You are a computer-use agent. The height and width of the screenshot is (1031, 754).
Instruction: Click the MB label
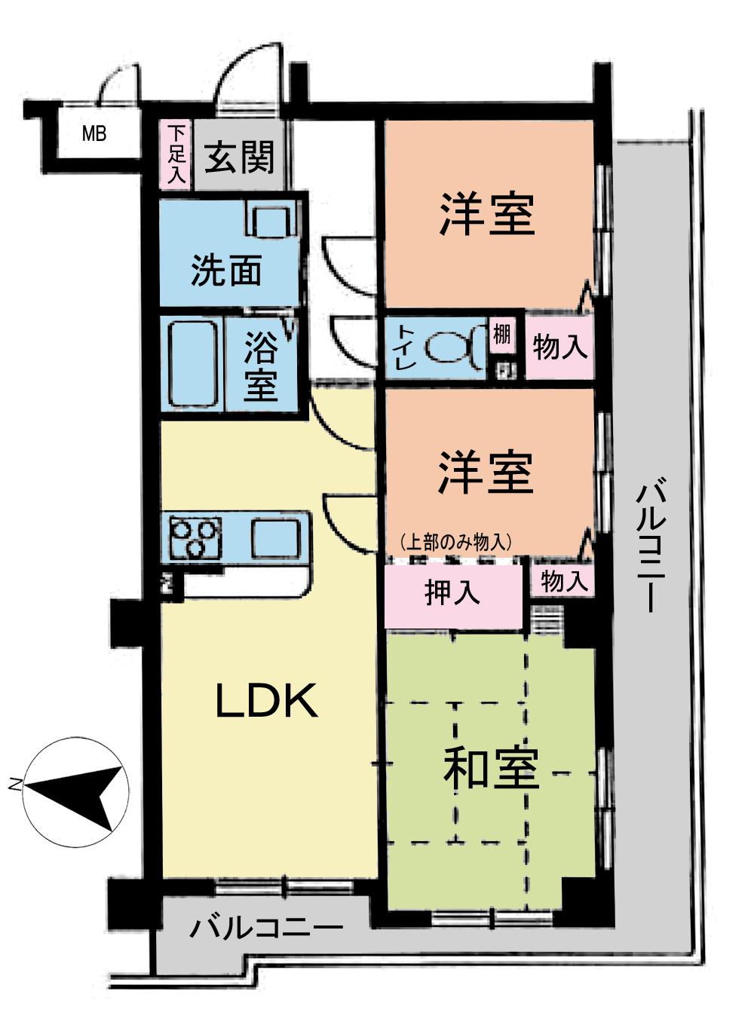[x=94, y=135]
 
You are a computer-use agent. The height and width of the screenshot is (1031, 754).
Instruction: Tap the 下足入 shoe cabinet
[x=176, y=154]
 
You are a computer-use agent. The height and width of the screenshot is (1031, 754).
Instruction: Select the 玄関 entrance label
[x=240, y=157]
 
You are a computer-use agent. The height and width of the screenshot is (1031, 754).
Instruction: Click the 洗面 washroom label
[x=225, y=271]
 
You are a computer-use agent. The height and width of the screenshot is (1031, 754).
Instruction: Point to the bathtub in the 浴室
[x=192, y=365]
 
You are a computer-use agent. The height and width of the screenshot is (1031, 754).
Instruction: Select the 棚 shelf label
[x=501, y=334]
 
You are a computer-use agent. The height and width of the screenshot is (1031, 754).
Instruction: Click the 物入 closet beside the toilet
[x=559, y=347]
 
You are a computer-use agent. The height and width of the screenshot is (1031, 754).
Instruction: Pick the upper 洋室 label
[x=487, y=214]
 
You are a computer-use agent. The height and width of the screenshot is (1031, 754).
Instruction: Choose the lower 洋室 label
[x=487, y=473]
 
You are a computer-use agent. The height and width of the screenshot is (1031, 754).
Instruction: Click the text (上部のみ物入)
[x=457, y=541]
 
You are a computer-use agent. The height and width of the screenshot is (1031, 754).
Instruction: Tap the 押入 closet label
[x=452, y=592]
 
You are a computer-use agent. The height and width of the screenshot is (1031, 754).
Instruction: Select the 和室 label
[x=491, y=769]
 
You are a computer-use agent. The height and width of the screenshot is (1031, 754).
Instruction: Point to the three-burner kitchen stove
[x=195, y=537]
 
